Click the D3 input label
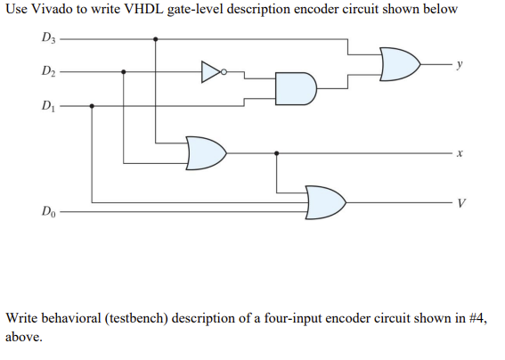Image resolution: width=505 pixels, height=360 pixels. coord(48,37)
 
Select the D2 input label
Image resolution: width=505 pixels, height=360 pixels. coord(48,70)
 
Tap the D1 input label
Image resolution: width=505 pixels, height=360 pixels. coord(48,105)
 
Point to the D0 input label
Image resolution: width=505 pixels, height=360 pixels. coord(48,211)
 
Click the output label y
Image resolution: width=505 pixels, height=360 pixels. coord(460,64)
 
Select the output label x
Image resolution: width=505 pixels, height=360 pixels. coord(460,153)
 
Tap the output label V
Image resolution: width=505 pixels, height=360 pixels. coord(461,203)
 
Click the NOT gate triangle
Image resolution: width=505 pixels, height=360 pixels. coord(211,71)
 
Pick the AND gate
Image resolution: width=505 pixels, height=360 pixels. coord(296,88)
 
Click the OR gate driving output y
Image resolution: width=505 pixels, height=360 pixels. coord(400,64)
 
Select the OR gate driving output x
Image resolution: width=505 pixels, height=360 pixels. coord(206,153)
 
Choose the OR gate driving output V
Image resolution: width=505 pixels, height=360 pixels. coord(326,202)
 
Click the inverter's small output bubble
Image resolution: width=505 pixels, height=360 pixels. coord(224,72)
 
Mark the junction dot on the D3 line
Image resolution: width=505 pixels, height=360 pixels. coord(156,39)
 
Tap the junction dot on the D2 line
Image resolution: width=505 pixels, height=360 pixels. coord(123,71)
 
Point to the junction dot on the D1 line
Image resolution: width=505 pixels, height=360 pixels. coord(92,106)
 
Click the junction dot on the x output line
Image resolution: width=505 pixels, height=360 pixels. coord(276,153)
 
